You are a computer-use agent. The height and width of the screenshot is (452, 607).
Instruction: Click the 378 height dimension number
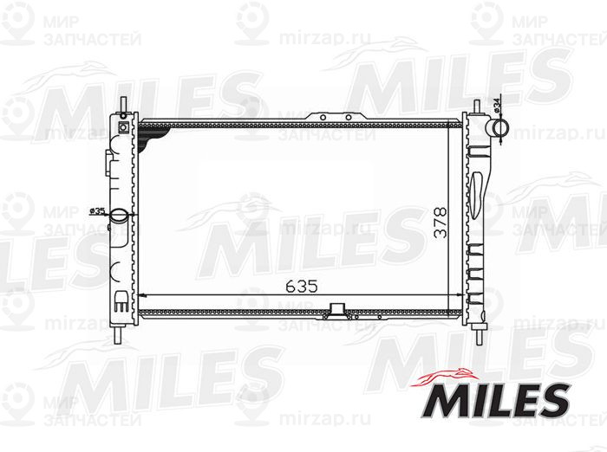(441, 224)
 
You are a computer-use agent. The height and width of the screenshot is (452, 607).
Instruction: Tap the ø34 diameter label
(495, 105)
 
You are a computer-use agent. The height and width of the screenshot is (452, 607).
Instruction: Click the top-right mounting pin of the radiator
(476, 105)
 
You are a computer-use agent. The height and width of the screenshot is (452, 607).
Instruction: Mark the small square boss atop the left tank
(123, 126)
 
